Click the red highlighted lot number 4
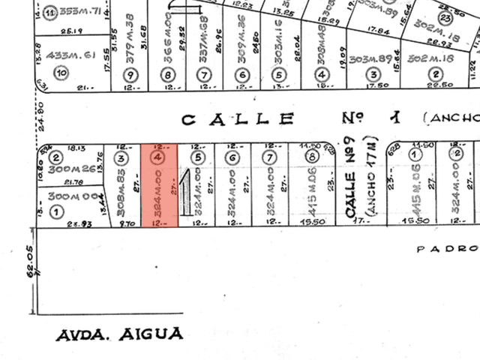(x=157, y=158)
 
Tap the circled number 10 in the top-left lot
(x=61, y=73)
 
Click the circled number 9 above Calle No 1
(x=131, y=74)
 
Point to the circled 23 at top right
(x=445, y=18)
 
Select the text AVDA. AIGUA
(x=120, y=334)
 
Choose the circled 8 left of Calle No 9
(x=312, y=157)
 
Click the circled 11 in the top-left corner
(x=50, y=13)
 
